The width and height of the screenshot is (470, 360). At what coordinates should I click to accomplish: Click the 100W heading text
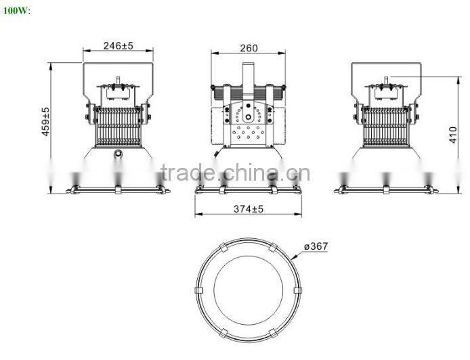(16, 12)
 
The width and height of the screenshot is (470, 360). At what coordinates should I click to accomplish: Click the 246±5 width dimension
(118, 46)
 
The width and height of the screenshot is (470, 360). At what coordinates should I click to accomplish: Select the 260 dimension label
(249, 47)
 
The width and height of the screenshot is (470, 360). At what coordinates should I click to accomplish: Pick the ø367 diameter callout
(316, 246)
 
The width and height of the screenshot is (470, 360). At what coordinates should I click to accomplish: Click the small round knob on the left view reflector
(119, 154)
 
